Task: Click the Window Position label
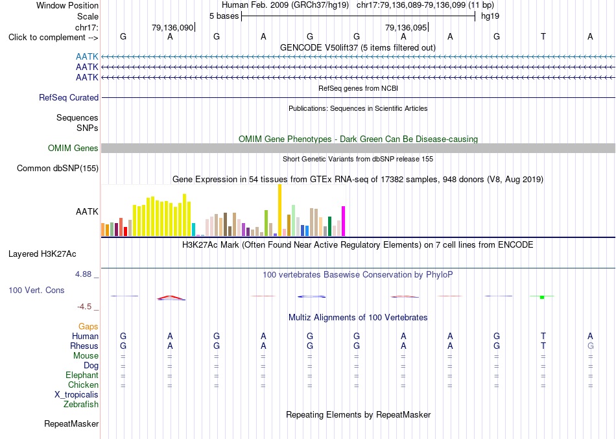pyautogui.click(x=67, y=5)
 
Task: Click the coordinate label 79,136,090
pyautogui.click(x=172, y=27)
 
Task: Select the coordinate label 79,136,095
pyautogui.click(x=406, y=27)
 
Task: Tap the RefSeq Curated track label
pyautogui.click(x=69, y=97)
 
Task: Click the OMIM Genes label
pyautogui.click(x=73, y=148)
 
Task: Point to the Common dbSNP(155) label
pyautogui.click(x=58, y=168)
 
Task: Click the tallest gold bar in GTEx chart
pyautogui.click(x=279, y=210)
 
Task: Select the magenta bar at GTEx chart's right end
pyautogui.click(x=344, y=221)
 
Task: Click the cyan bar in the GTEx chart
pyautogui.click(x=193, y=230)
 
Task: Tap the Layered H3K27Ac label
pyautogui.click(x=42, y=254)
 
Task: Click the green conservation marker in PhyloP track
pyautogui.click(x=542, y=297)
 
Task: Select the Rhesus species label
pyautogui.click(x=84, y=346)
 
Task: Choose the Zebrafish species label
pyautogui.click(x=81, y=404)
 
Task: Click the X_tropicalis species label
pyautogui.click(x=77, y=395)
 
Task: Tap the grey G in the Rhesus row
pyautogui.click(x=590, y=346)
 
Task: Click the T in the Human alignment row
pyautogui.click(x=543, y=336)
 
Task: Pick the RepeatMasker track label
pyautogui.click(x=71, y=423)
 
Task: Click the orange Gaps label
pyautogui.click(x=88, y=327)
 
